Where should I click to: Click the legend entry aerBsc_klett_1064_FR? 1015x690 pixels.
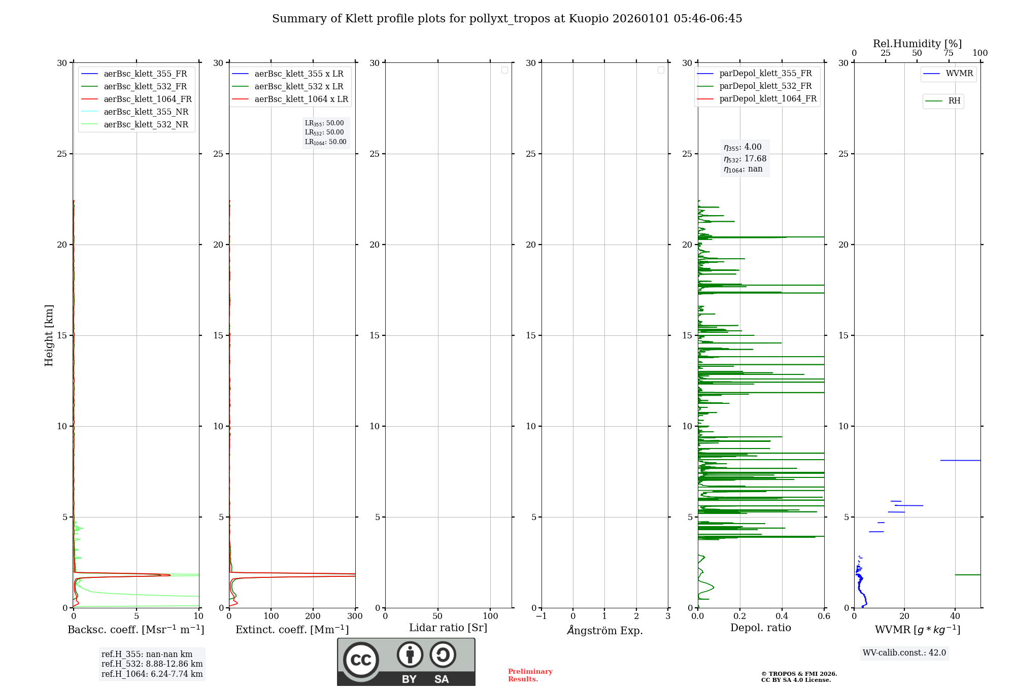coord(148,99)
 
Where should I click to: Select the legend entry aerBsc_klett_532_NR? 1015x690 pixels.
coord(146,124)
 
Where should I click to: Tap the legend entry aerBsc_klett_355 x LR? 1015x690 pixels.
coord(298,74)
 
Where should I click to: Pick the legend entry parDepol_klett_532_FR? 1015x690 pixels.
coord(765,86)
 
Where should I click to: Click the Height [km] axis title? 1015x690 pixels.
coord(49,335)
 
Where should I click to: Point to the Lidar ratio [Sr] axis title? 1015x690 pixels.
coord(448,628)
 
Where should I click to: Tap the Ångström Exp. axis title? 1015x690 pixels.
coord(605,630)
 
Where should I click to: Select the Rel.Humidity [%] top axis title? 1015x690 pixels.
coord(917,44)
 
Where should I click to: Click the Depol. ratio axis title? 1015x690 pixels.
coord(760,628)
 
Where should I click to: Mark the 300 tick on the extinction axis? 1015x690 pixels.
coord(355,616)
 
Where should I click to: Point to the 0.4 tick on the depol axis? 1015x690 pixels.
coord(782,616)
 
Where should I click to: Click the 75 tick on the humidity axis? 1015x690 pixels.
coord(948,53)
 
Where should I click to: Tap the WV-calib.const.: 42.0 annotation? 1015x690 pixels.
coord(904,652)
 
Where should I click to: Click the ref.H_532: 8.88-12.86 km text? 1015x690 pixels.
coord(152,664)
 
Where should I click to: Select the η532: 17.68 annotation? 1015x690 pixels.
coord(745,158)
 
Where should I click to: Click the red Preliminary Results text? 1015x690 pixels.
coord(530,675)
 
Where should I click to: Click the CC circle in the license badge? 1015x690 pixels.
coord(361,660)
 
